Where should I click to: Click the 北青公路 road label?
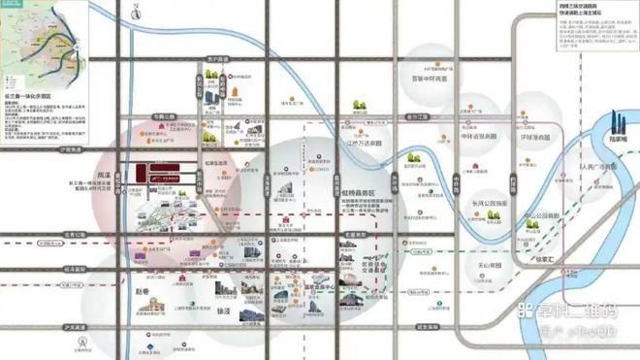74,234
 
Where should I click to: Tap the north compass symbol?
84,342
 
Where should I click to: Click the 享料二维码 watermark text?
567,311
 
